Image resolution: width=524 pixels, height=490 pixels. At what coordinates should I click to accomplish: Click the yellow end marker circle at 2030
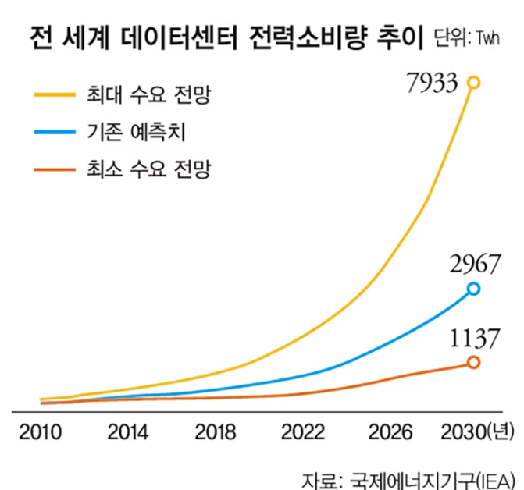click(473, 82)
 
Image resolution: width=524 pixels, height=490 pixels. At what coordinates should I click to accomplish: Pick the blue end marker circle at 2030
click(473, 289)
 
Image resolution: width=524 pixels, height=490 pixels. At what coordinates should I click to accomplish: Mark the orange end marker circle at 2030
click(473, 361)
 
